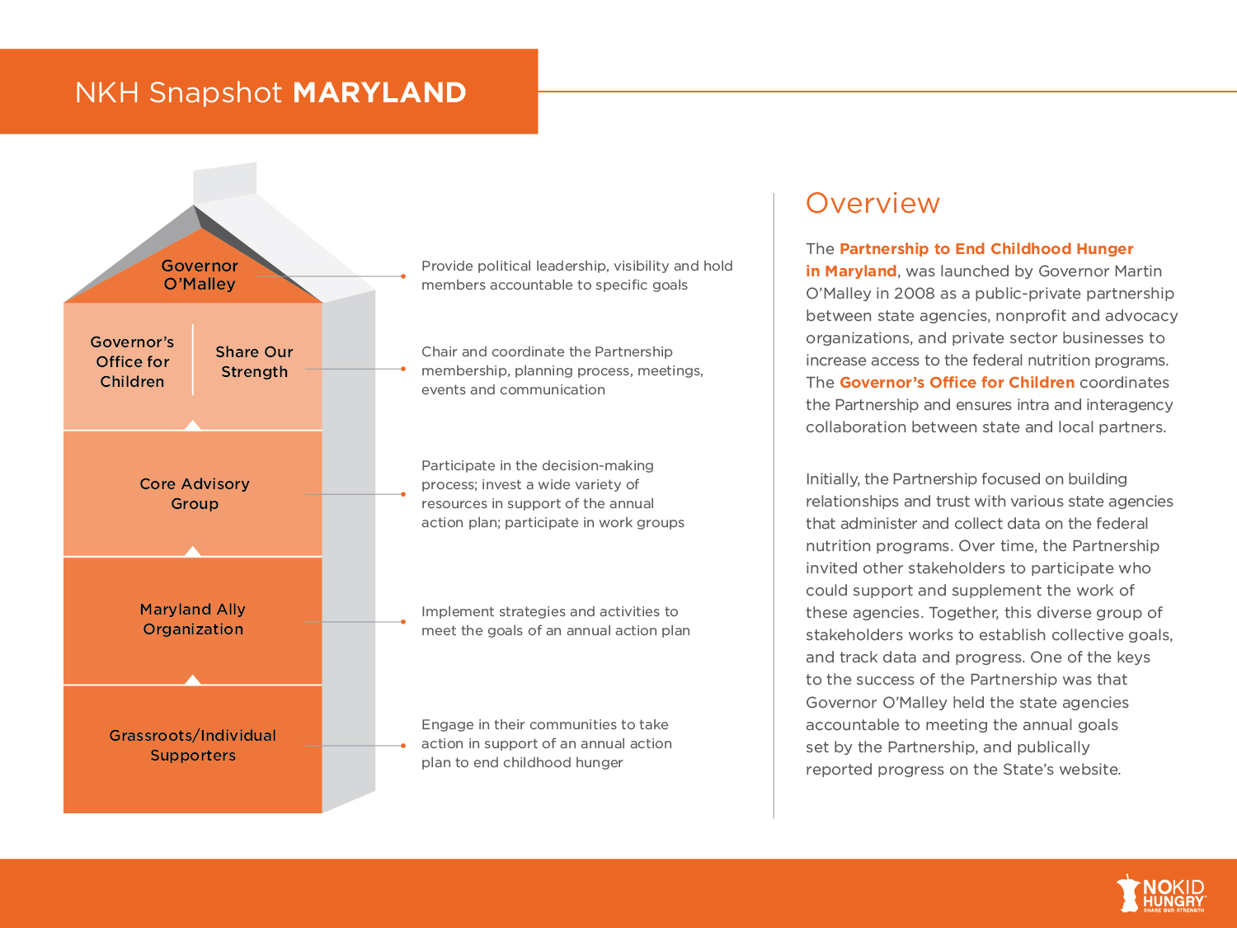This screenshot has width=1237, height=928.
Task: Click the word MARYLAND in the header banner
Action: click(379, 92)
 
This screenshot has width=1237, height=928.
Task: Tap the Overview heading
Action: click(872, 203)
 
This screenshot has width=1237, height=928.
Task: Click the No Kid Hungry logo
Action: click(1161, 893)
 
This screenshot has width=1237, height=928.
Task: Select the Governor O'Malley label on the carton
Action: click(200, 275)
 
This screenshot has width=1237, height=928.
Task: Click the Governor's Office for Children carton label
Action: click(132, 361)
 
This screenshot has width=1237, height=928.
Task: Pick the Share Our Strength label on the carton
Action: click(254, 361)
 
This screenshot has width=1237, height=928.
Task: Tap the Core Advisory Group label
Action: click(195, 493)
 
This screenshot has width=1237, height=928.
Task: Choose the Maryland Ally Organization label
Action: click(193, 619)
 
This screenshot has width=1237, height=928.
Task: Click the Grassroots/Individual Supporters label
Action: click(193, 745)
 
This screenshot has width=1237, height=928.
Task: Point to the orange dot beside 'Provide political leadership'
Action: click(403, 276)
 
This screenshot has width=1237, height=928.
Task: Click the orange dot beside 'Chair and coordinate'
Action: click(403, 369)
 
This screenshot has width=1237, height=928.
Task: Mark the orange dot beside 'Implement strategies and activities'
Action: click(403, 621)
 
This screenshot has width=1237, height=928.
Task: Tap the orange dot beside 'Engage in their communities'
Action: click(403, 746)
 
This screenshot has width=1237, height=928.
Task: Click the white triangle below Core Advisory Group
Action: click(193, 551)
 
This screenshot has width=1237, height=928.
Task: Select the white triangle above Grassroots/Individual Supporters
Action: click(193, 680)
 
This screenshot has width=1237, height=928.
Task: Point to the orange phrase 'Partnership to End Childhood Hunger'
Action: click(986, 248)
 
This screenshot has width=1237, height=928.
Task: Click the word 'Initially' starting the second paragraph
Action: click(831, 479)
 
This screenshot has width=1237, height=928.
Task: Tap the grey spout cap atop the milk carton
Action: click(225, 181)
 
